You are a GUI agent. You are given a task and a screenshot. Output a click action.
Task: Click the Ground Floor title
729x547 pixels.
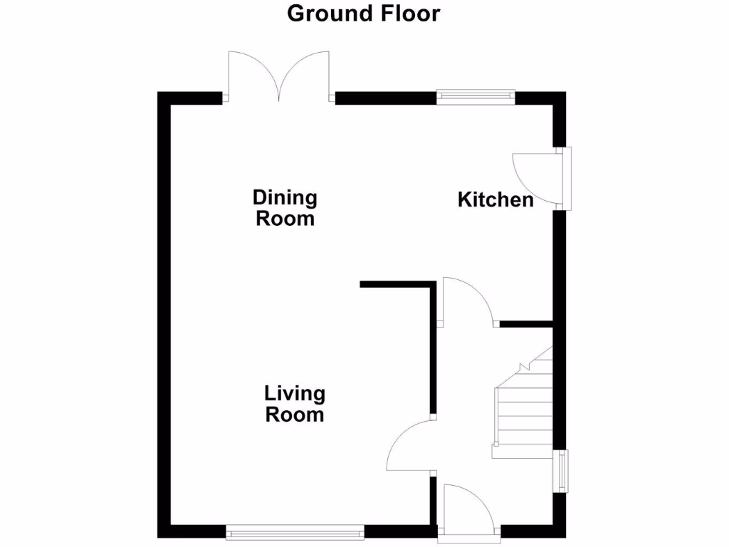[364, 13]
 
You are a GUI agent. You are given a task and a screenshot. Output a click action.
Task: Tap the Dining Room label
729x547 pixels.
[285, 207]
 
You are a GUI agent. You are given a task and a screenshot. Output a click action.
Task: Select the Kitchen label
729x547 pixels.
[495, 199]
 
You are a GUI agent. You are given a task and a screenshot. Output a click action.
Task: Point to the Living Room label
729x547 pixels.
[295, 403]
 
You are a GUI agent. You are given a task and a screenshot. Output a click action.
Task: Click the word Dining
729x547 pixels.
[285, 197]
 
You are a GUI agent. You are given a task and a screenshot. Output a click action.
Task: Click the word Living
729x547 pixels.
[295, 393]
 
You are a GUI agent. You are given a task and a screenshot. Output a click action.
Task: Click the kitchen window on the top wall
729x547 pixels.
[476, 95]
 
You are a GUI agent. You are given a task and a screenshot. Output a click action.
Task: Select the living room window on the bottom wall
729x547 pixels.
[295, 531]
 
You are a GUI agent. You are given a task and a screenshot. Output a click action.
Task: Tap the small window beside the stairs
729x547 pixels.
[563, 471]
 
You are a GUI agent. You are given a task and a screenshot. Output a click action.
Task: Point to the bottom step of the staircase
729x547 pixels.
[522, 452]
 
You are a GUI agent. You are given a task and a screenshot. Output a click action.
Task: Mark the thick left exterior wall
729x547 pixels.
[164, 313]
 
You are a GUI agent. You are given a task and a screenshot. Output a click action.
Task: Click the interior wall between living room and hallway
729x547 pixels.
[433, 349]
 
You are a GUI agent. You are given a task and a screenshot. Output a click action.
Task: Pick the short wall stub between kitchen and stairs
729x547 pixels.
[526, 324]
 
